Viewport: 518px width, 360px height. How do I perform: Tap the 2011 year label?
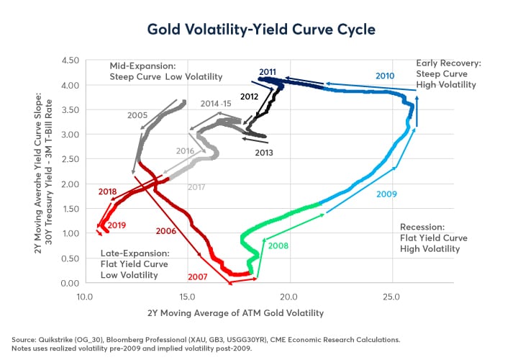pyautogui.click(x=268, y=71)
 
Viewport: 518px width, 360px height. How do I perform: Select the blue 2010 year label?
pyautogui.click(x=385, y=76)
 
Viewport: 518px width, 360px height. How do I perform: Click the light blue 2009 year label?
pyautogui.click(x=386, y=194)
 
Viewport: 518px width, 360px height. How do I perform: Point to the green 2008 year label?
pyautogui.click(x=278, y=246)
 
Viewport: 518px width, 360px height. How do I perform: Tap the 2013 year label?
pyautogui.click(x=265, y=152)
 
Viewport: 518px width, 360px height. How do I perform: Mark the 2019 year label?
pyautogui.click(x=117, y=225)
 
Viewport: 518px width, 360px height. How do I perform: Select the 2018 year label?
pyautogui.click(x=107, y=192)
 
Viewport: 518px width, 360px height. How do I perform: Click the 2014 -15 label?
pyautogui.click(x=217, y=104)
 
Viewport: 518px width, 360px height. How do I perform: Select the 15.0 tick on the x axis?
pyautogui.click(x=187, y=296)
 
